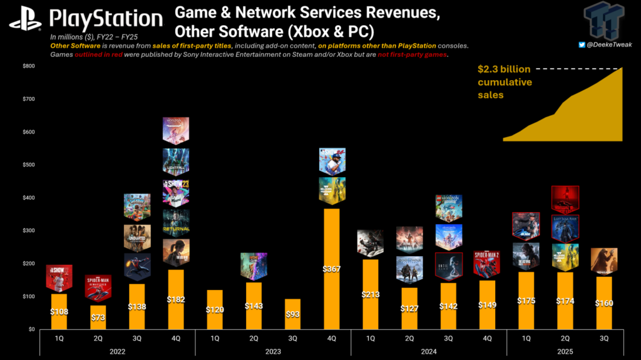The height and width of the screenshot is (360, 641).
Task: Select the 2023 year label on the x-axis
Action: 272,351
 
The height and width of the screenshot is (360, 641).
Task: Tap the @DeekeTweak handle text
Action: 610,44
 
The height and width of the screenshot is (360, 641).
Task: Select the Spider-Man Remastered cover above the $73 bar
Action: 98,288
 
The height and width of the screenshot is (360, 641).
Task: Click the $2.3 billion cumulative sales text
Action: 505,82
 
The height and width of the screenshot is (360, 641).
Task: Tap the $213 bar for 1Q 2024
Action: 370,294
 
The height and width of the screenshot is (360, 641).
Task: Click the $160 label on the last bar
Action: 603,302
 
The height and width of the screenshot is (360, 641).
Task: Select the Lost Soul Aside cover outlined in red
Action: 565,229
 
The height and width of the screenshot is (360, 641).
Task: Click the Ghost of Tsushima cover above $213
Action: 370,243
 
